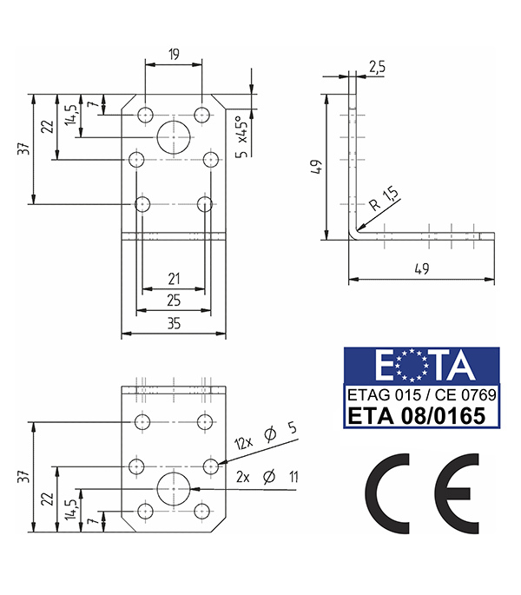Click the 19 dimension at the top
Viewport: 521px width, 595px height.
point(174,55)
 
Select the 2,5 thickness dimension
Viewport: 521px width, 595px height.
point(377,67)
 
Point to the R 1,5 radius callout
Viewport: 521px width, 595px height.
point(384,198)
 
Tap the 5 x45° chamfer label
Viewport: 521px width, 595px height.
point(242,136)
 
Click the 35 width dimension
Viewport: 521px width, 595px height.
point(174,324)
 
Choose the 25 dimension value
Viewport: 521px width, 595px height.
point(174,301)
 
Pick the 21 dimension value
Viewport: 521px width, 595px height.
point(174,279)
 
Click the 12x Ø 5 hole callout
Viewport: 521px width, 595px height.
point(265,436)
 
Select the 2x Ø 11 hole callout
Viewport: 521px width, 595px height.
point(267,477)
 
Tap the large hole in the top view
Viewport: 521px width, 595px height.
point(174,137)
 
